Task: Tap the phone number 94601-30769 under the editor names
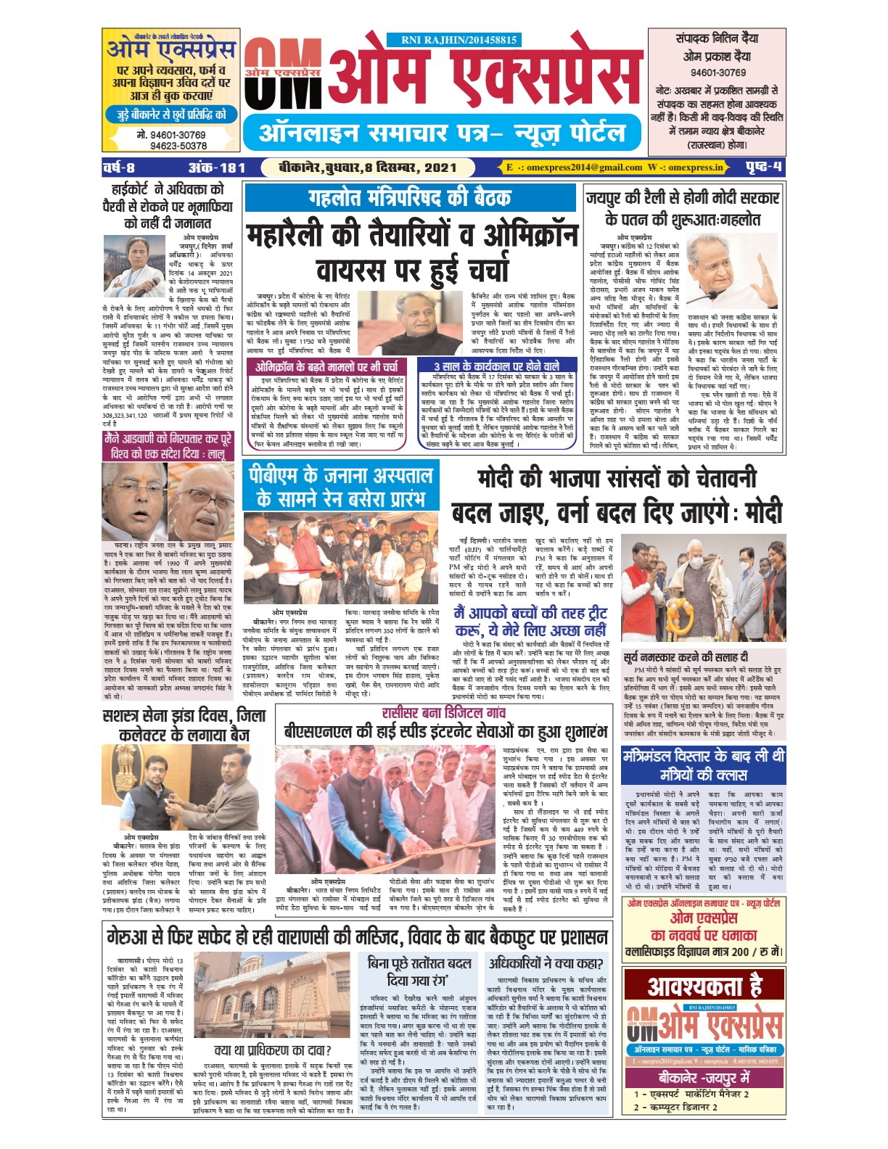pyautogui.click(x=718, y=73)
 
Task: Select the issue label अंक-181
pyautogui.click(x=217, y=168)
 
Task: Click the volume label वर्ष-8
pyautogui.click(x=119, y=168)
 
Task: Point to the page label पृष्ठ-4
pyautogui.click(x=763, y=168)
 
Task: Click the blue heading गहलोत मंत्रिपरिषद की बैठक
pyautogui.click(x=410, y=198)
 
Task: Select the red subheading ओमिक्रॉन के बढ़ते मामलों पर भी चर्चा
pyautogui.click(x=326, y=367)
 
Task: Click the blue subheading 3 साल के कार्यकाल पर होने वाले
pyautogui.click(x=496, y=367)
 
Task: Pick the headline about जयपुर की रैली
pyautogui.click(x=683, y=208)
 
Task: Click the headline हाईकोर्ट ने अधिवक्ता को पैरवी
pyautogui.click(x=168, y=207)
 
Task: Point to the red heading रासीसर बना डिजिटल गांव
pyautogui.click(x=444, y=712)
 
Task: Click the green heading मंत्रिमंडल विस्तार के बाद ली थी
pyautogui.click(x=703, y=765)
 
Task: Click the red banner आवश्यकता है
pyautogui.click(x=704, y=987)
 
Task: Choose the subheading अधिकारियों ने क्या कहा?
pyautogui.click(x=545, y=963)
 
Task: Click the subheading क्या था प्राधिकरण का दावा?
pyautogui.click(x=273, y=1050)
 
